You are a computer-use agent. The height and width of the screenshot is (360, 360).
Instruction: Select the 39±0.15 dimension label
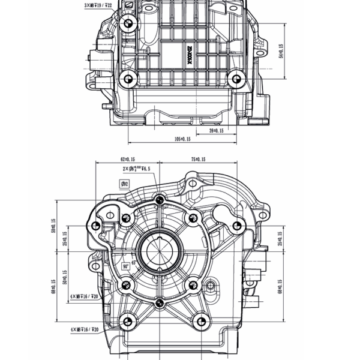coord(216,130)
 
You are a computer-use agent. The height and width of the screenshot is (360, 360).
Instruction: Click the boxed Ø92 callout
coord(126,184)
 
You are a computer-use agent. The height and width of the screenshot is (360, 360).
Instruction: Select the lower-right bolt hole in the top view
coord(235,79)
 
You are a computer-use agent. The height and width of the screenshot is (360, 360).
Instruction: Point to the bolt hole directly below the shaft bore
coord(159,304)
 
